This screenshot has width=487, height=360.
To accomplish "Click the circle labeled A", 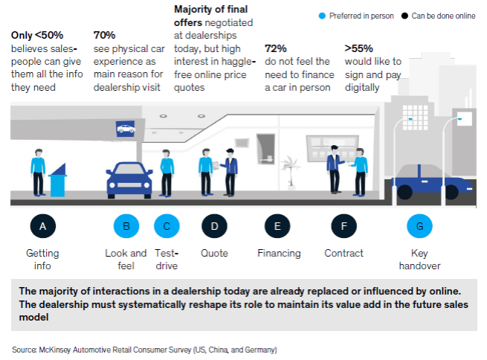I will (42, 225).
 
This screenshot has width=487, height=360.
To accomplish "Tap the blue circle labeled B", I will (126, 225).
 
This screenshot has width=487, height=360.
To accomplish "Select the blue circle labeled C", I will (167, 225).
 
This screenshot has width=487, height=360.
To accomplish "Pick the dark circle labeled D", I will (214, 225).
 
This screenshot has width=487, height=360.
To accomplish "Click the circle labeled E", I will (278, 225).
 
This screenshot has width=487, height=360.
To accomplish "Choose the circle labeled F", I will (343, 225).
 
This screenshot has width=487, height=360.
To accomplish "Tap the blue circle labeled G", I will (419, 225).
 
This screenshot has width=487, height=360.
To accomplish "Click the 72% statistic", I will (275, 48).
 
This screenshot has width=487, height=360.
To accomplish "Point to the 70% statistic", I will (104, 34).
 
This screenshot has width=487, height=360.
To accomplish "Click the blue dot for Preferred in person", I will (321, 15).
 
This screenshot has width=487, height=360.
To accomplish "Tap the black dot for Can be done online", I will (404, 15).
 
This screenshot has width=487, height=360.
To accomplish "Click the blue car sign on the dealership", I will (125, 129).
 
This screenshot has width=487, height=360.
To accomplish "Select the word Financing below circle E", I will (278, 253).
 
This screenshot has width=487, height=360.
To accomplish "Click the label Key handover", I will (419, 259).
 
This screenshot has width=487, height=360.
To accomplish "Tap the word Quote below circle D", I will (214, 253).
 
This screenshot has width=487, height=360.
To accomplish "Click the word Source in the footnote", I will (24, 349).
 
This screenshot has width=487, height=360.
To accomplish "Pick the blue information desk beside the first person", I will (57, 181).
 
